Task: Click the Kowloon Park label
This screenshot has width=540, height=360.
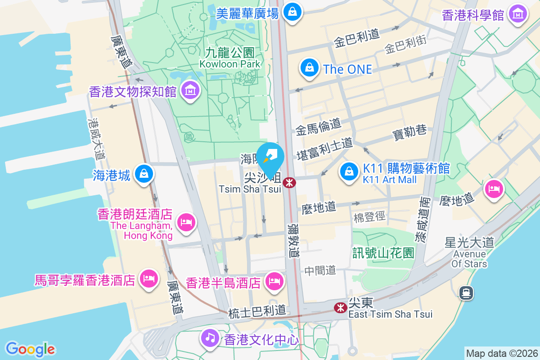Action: (230, 58)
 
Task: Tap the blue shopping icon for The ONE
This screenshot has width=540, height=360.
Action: (309, 68)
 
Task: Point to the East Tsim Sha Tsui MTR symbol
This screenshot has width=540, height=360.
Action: (340, 307)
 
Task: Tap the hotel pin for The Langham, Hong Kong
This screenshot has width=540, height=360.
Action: (185, 222)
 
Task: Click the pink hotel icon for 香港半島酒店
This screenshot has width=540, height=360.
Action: (274, 282)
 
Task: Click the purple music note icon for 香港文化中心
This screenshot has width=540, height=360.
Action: (209, 337)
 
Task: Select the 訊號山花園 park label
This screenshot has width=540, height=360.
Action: (383, 253)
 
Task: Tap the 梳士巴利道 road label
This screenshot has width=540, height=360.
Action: (257, 310)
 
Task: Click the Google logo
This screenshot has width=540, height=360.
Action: (30, 349)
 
